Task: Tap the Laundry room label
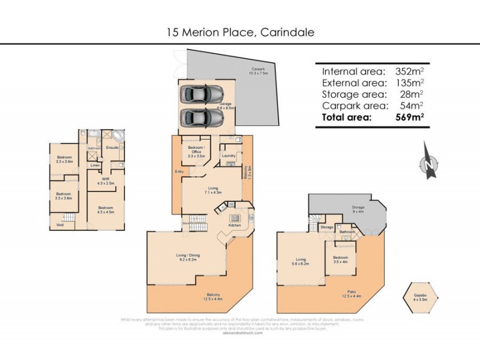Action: (x=228, y=156)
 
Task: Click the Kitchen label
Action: (x=234, y=225)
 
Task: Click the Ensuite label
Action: (x=112, y=147)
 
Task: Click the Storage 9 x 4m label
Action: (x=358, y=209)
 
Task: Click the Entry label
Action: (x=179, y=172)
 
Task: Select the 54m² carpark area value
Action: (x=414, y=106)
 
